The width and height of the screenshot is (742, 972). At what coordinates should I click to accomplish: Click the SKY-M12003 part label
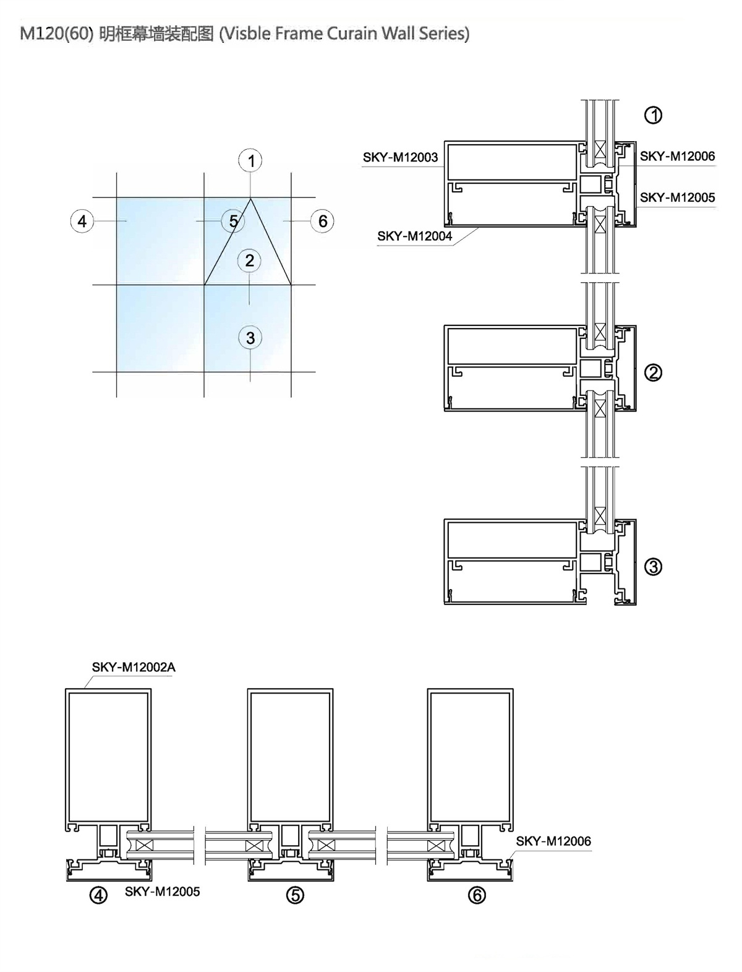400,157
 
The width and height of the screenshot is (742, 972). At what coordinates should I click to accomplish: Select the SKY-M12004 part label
414,236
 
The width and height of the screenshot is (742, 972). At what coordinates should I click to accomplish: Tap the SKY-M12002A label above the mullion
134,667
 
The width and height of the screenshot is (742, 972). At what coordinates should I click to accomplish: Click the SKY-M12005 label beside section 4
163,892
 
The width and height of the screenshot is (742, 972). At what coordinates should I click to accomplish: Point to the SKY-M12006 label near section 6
553,841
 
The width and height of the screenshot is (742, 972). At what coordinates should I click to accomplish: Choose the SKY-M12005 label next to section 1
678,197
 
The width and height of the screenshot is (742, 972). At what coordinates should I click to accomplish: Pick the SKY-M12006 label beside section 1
678,157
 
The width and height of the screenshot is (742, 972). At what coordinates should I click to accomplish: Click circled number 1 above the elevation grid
250,160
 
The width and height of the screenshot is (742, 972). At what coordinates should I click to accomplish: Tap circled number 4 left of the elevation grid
82,221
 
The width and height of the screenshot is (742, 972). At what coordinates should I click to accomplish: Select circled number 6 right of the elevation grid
322,220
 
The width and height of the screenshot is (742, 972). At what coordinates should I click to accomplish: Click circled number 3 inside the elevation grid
250,338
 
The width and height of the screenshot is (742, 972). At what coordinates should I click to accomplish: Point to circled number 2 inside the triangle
250,260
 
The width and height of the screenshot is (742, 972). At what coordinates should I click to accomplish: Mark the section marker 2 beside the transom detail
653,373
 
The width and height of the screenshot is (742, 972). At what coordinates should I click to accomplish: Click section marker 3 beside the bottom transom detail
653,567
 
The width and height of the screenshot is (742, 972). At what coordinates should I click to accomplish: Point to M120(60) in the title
56,33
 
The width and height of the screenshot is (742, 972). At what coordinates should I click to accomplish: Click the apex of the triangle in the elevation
251,199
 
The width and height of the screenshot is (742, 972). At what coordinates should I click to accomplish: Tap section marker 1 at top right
653,116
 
